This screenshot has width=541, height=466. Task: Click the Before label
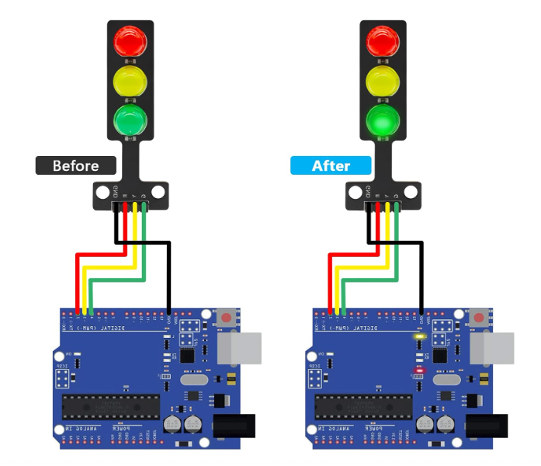(76, 165)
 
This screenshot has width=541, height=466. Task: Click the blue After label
(331, 165)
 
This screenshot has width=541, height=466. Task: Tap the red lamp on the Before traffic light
(130, 40)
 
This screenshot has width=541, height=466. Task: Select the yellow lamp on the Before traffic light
(130, 81)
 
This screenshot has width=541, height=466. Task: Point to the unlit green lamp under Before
(130, 120)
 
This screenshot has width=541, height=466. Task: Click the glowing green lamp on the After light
(383, 120)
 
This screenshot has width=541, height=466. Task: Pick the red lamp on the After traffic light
(383, 40)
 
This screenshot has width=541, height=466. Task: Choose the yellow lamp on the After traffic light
(383, 81)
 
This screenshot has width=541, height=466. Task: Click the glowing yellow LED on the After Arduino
(420, 336)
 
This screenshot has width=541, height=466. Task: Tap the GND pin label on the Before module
(115, 190)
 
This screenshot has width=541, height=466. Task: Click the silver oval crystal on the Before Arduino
(193, 379)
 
